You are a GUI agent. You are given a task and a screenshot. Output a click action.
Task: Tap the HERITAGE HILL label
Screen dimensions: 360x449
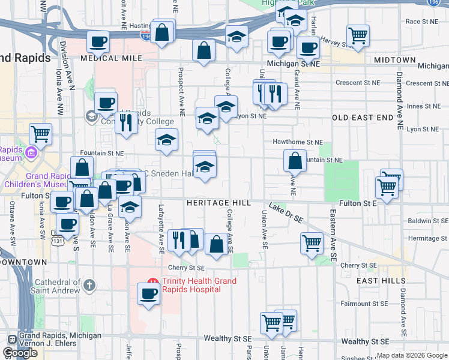[218, 203]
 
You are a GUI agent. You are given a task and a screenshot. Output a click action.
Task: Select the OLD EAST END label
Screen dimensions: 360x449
[357, 116]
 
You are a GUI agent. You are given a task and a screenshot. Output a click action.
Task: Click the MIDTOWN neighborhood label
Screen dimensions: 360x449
[394, 60]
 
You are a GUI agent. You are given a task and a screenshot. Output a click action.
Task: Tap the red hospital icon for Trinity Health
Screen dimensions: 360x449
[152, 281]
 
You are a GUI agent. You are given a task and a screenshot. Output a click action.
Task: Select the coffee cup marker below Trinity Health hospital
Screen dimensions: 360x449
[148, 293]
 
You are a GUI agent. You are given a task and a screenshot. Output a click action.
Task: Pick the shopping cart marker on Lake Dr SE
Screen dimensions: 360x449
[312, 242]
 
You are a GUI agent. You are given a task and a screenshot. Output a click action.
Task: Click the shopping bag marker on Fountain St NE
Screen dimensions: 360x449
[295, 160]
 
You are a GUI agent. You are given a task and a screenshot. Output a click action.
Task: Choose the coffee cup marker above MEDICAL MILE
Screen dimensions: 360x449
[98, 41]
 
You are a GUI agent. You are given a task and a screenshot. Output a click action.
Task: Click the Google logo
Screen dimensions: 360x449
[20, 353]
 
